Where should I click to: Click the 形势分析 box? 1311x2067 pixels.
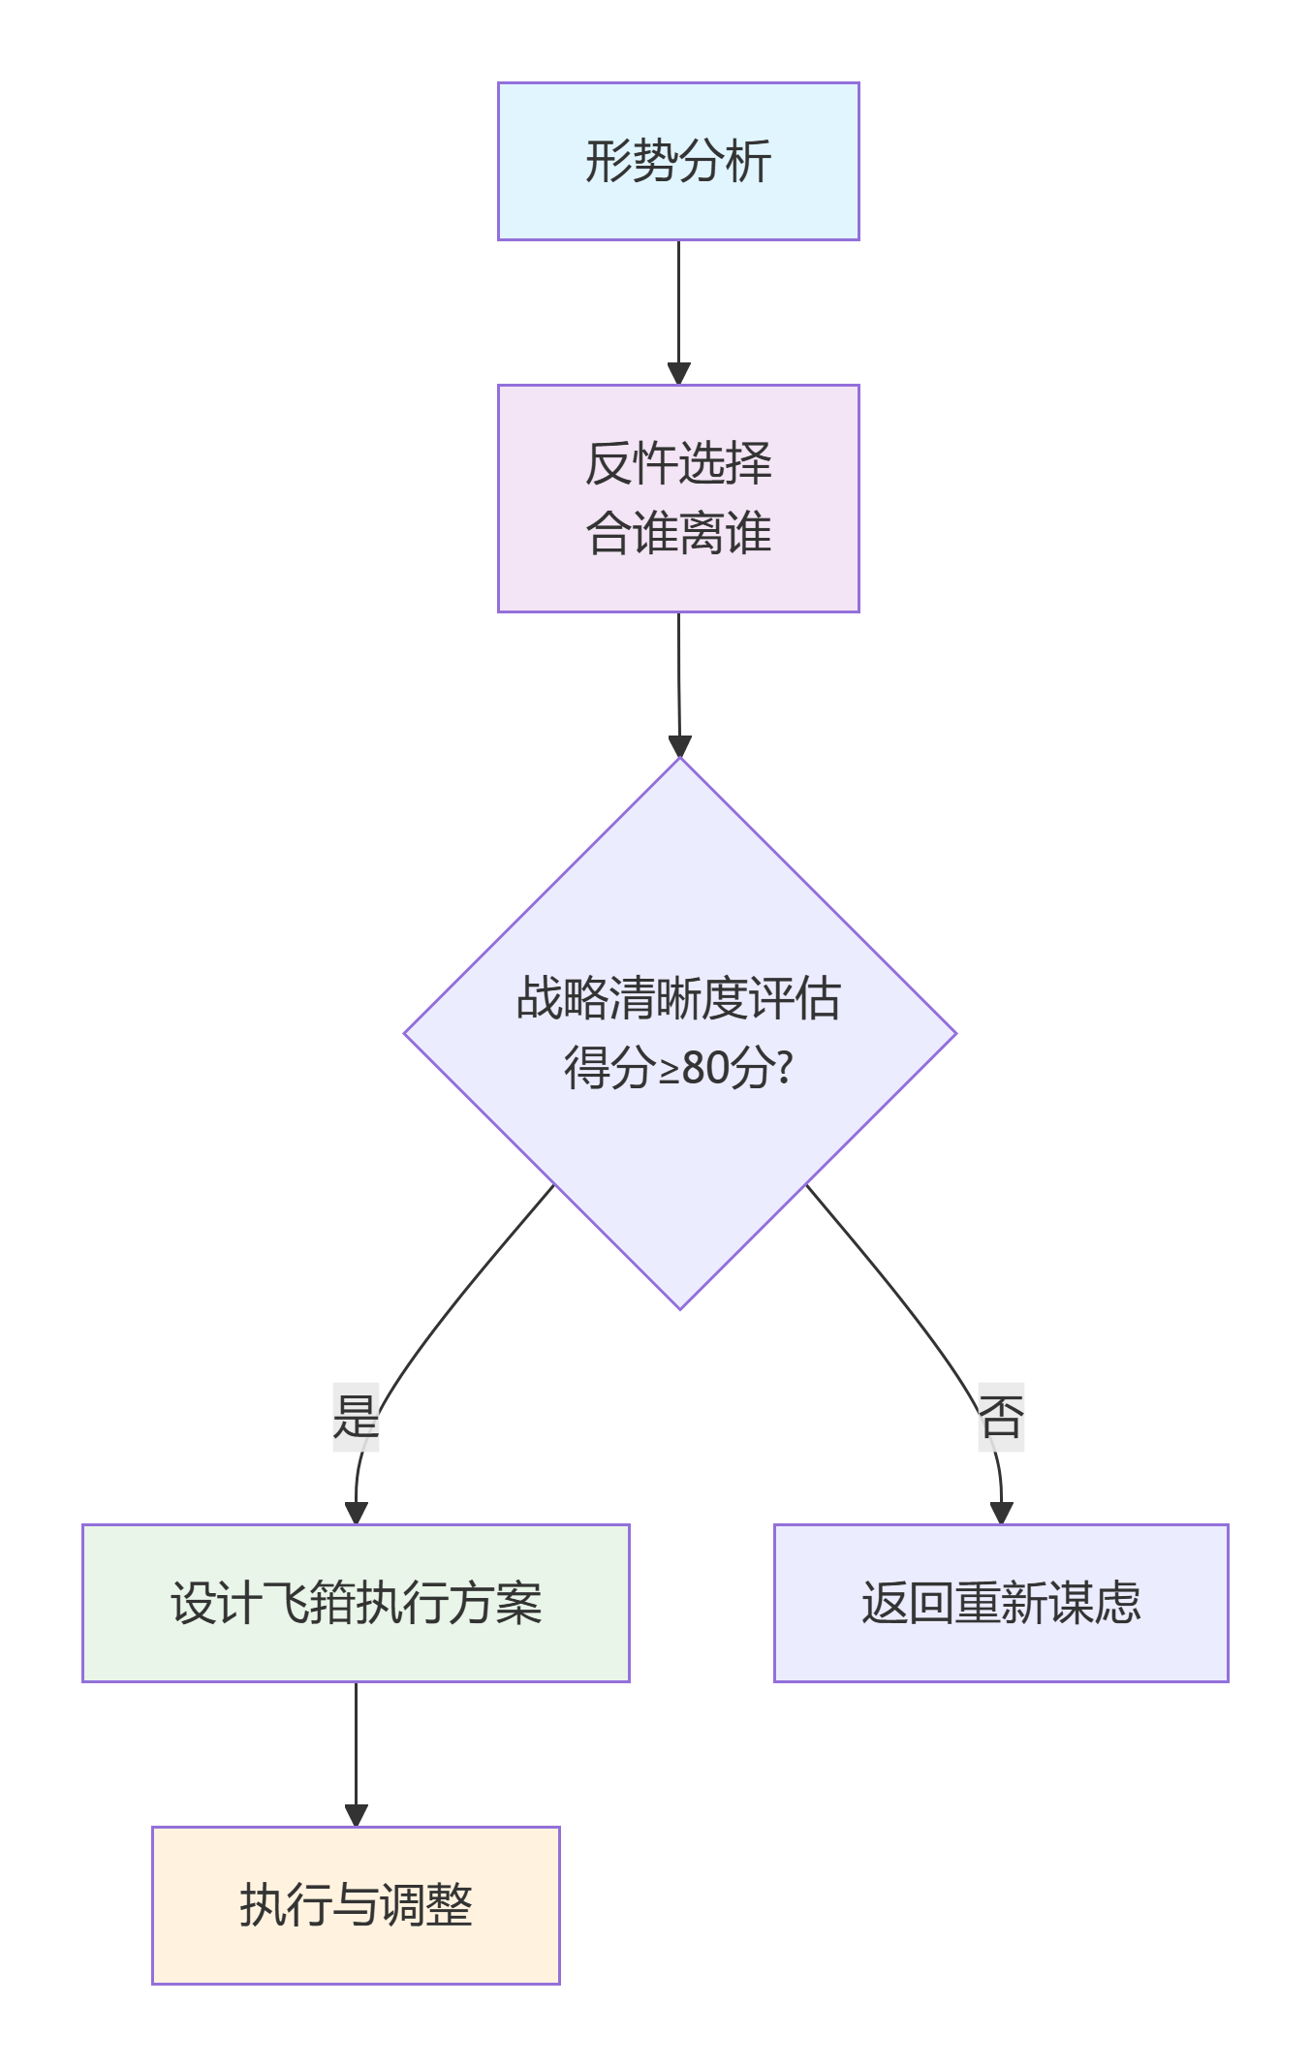click(x=678, y=161)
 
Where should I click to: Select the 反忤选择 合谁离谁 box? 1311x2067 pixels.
click(x=678, y=498)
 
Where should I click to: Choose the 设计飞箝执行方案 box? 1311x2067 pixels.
click(x=356, y=1603)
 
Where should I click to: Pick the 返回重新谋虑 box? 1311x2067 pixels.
click(x=1001, y=1603)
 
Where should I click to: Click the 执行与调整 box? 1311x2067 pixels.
click(x=356, y=1905)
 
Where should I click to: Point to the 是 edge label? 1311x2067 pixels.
click(x=356, y=1417)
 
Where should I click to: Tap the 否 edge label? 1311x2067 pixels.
click(x=1001, y=1417)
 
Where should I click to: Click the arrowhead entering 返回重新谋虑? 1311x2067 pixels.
click(x=1001, y=1513)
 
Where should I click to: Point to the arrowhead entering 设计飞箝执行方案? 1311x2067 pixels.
click(x=357, y=1513)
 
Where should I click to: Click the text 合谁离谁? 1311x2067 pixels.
click(x=678, y=534)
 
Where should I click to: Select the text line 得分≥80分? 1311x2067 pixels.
click(x=678, y=1069)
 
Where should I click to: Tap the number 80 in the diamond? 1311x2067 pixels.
click(x=705, y=1069)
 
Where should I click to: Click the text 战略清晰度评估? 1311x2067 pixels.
click(x=678, y=998)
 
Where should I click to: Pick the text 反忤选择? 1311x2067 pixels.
click(x=678, y=463)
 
